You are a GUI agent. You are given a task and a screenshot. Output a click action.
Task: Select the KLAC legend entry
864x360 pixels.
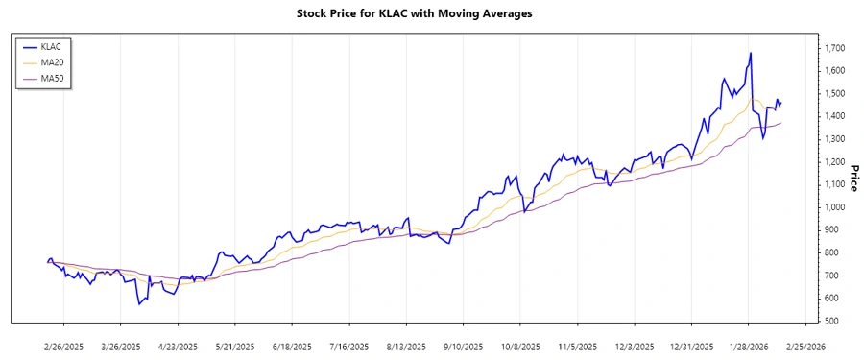[59, 46]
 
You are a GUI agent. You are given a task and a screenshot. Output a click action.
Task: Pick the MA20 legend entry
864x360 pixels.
[59, 61]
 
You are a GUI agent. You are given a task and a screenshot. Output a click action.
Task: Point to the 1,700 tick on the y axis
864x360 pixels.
[832, 47]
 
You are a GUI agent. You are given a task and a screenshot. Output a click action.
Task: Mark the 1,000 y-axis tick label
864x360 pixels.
[832, 207]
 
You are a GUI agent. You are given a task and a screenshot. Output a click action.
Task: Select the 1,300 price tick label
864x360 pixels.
[832, 139]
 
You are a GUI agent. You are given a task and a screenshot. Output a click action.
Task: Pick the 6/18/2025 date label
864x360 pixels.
[291, 346]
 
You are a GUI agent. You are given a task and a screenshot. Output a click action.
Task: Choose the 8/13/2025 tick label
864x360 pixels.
[404, 346]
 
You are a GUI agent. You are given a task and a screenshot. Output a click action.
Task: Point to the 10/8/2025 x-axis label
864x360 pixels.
[518, 346]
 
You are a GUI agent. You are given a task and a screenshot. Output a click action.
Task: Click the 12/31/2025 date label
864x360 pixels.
[692, 346]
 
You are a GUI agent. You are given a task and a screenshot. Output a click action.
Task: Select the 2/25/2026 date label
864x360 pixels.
[805, 346]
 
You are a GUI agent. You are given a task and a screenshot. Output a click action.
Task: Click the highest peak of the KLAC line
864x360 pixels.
[750, 53]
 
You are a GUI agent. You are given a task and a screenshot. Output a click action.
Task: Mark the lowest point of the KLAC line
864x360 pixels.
[139, 304]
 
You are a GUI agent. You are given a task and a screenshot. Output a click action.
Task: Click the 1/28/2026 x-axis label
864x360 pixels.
[749, 346]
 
